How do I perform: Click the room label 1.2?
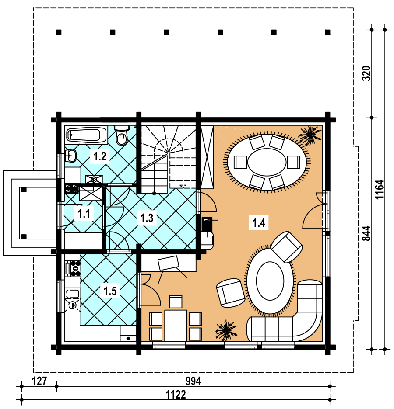click(100, 156)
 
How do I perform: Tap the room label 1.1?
click(84, 214)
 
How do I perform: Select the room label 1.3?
click(147, 218)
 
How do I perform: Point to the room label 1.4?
click(259, 223)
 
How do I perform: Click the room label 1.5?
click(110, 291)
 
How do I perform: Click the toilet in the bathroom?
click(122, 135)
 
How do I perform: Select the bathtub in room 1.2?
click(86, 135)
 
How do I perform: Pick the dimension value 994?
click(193, 381)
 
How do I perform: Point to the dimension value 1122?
click(176, 395)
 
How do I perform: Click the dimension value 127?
click(39, 381)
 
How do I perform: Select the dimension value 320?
click(366, 73)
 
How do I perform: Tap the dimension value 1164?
click(380, 189)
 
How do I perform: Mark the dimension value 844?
click(366, 233)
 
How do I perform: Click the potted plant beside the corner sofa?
click(226, 330)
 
